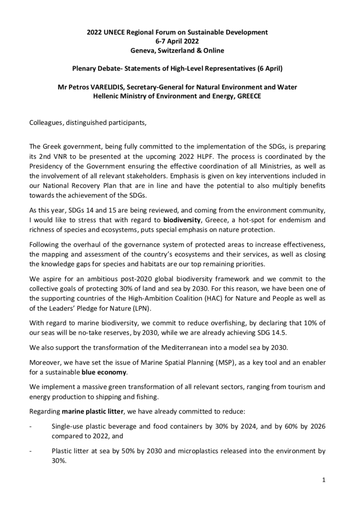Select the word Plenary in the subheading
coord(84,69)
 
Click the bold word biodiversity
coord(182,220)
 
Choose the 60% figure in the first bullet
coord(290,427)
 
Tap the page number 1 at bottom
coord(323,480)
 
